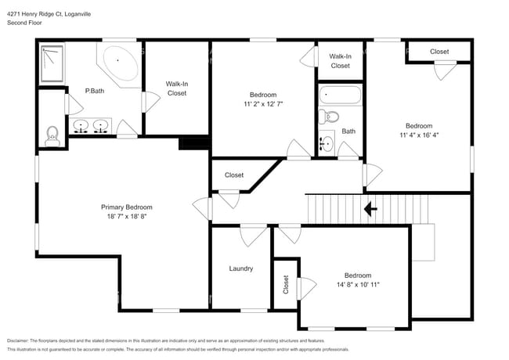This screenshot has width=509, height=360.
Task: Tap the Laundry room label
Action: click(x=241, y=268)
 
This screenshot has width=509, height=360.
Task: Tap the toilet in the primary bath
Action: click(x=52, y=136)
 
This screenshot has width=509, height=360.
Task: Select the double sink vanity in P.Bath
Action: click(x=90, y=127)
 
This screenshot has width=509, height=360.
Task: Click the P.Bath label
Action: click(x=94, y=91)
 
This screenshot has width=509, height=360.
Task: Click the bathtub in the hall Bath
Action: click(x=341, y=97)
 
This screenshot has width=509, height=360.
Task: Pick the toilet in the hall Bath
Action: click(x=329, y=117)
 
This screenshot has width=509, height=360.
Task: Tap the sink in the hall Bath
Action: click(x=327, y=144)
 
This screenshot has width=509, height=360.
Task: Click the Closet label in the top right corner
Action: click(x=440, y=52)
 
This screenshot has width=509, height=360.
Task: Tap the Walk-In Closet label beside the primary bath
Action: click(x=177, y=88)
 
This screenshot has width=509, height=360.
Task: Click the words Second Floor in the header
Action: click(x=24, y=23)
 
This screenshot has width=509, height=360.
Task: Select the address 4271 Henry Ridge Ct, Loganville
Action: click(x=59, y=13)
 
